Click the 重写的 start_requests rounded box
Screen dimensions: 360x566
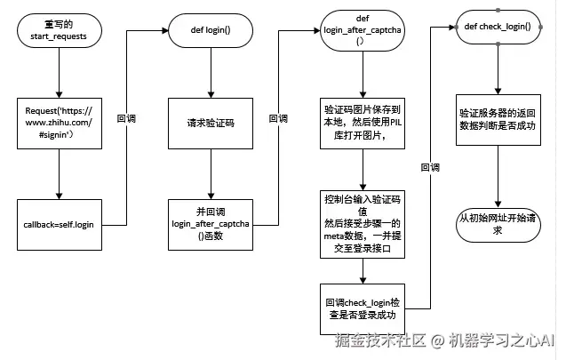click(x=59, y=33)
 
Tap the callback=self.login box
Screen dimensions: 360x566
click(x=59, y=224)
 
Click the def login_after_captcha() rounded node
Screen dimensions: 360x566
click(x=361, y=33)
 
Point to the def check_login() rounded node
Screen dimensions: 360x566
click(x=497, y=27)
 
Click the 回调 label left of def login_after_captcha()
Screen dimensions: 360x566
click(x=278, y=119)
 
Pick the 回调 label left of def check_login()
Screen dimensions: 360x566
click(x=429, y=167)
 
